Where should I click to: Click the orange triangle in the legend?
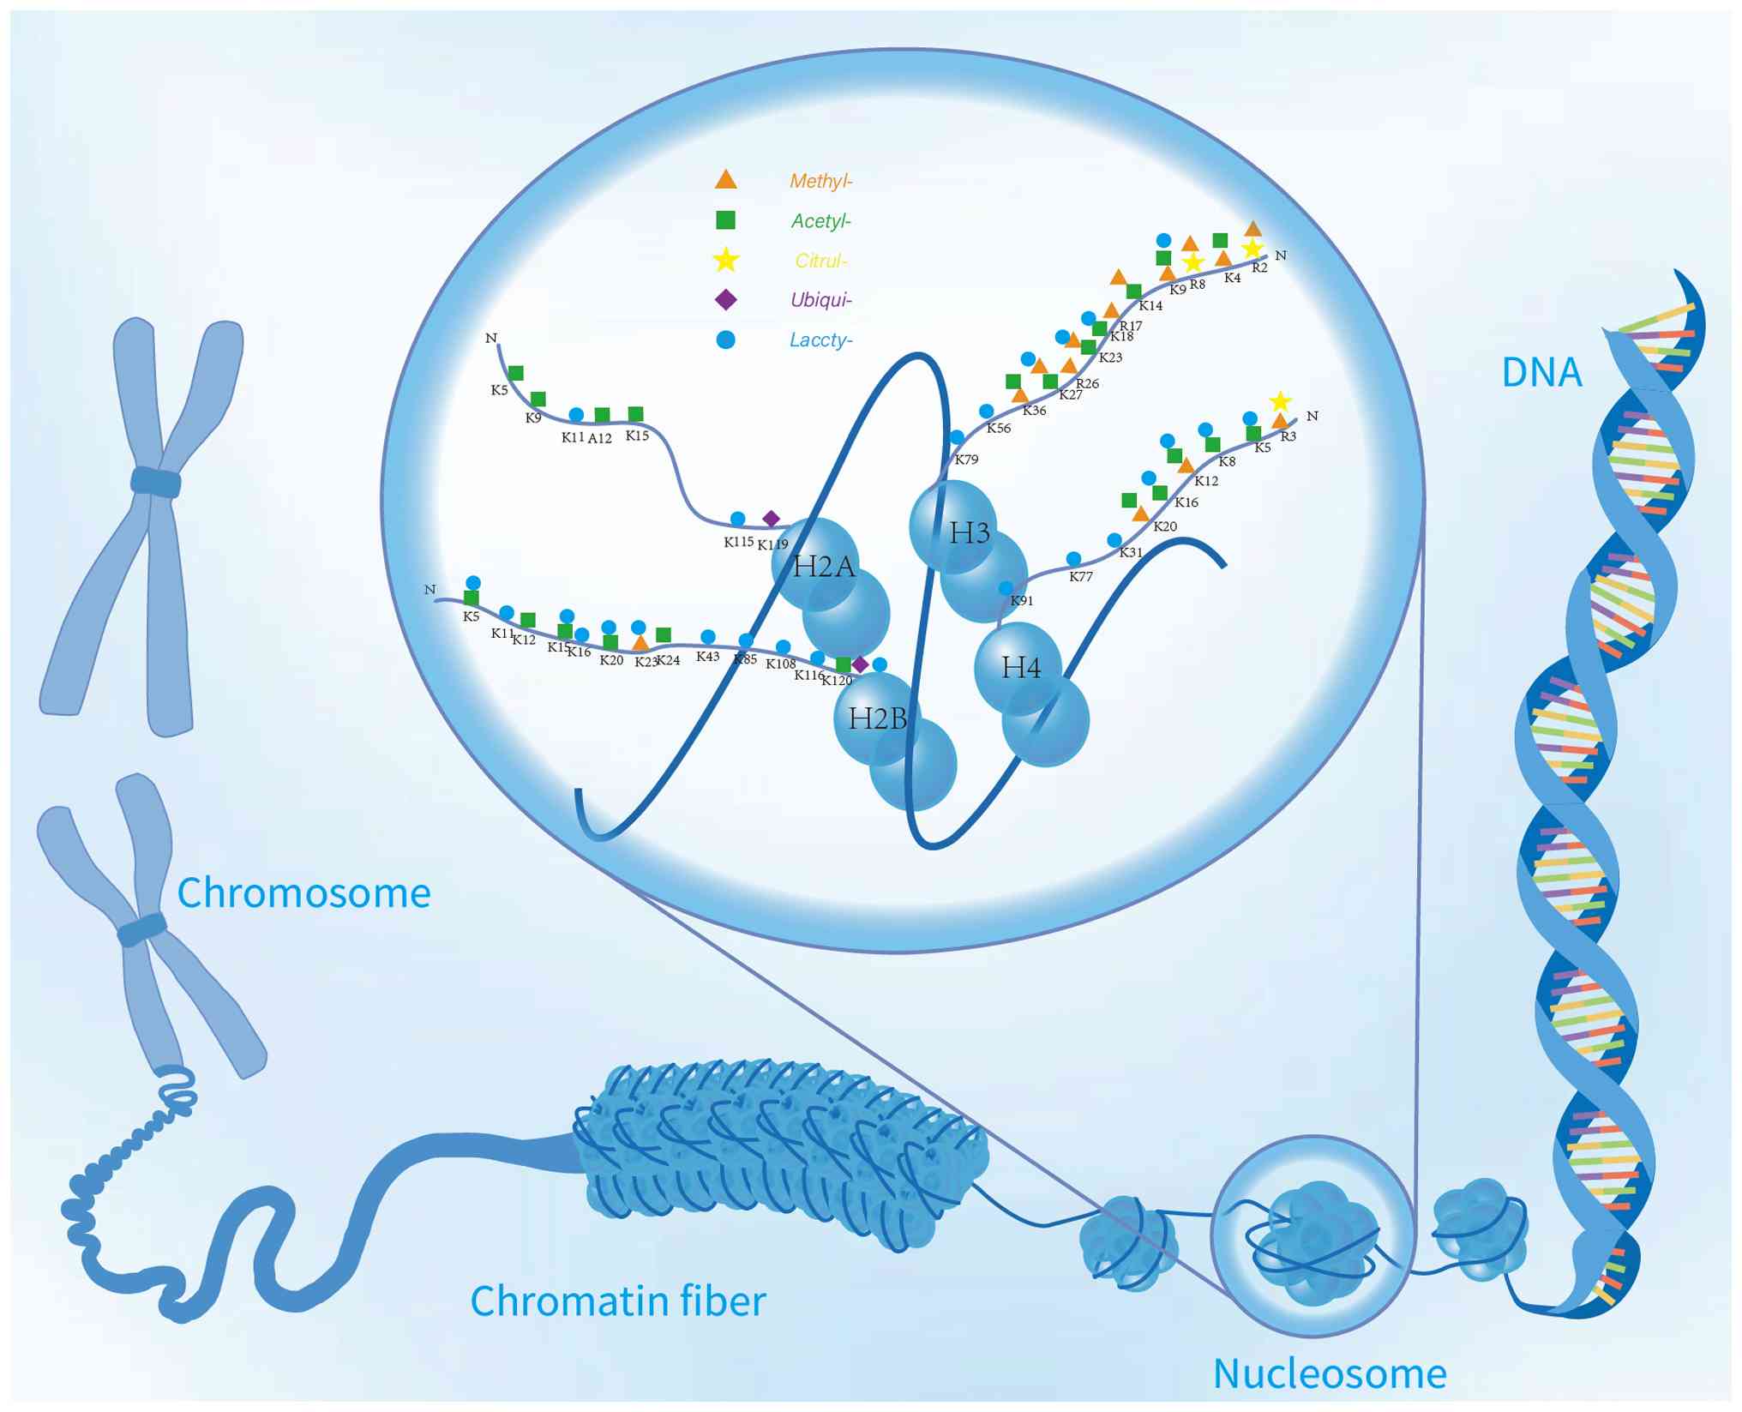[725, 179]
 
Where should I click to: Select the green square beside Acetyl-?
[725, 220]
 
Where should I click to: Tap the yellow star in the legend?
[725, 260]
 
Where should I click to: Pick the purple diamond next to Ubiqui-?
[725, 299]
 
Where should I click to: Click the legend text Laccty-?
[820, 339]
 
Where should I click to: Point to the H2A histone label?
[824, 567]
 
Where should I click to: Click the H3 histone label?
[970, 533]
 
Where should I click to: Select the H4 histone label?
[1021, 667]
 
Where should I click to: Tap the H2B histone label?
[877, 718]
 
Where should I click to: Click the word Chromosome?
[303, 893]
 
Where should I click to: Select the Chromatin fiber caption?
[618, 1301]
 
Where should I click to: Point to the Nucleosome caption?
[1330, 1373]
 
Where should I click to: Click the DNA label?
[1541, 372]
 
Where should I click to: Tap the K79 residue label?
[966, 460]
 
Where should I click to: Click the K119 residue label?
[772, 544]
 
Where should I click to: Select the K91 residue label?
[1022, 601]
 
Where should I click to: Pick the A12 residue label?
[599, 439]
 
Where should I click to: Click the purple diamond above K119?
[771, 519]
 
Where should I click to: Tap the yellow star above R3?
[1280, 401]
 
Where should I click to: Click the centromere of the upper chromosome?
[156, 483]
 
